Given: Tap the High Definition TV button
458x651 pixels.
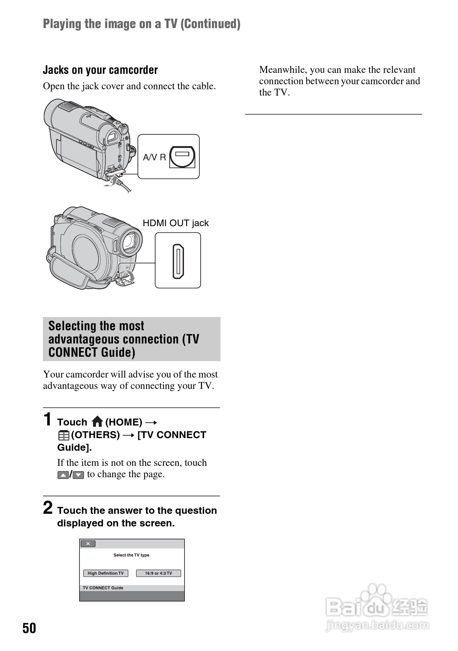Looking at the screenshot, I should pyautogui.click(x=105, y=573).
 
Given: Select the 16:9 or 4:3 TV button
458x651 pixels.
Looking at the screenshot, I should pyautogui.click(x=158, y=573).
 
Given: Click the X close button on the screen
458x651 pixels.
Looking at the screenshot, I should pyautogui.click(x=88, y=543).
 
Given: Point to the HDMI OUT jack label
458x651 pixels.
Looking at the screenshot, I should pyautogui.click(x=175, y=223).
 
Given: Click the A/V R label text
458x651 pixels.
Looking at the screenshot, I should pyautogui.click(x=154, y=157).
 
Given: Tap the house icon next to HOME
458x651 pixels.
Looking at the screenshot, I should pyautogui.click(x=97, y=422).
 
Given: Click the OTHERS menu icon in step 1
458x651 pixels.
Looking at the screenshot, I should pyautogui.click(x=63, y=435).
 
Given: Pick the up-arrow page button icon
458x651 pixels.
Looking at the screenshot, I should pyautogui.click(x=63, y=475).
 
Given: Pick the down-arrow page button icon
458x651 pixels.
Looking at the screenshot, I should pyautogui.click(x=78, y=475).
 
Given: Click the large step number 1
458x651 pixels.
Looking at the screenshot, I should pyautogui.click(x=47, y=419).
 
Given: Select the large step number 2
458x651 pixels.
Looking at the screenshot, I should pyautogui.click(x=48, y=507).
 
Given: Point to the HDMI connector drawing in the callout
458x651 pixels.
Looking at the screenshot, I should pyautogui.click(x=178, y=261).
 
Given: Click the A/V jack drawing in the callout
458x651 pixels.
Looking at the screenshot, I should pyautogui.click(x=182, y=157).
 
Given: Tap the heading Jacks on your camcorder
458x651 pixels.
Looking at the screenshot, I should pyautogui.click(x=100, y=70).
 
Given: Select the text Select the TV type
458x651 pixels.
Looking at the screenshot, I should pyautogui.click(x=132, y=555).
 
